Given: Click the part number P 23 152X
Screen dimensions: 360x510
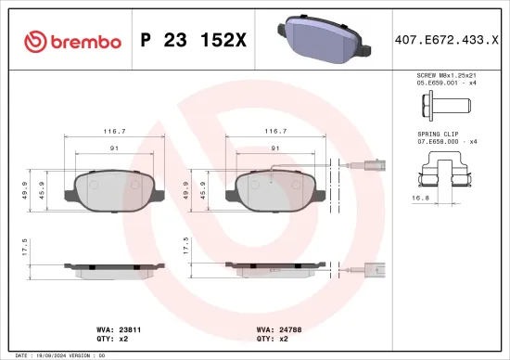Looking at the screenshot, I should [193, 40].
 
